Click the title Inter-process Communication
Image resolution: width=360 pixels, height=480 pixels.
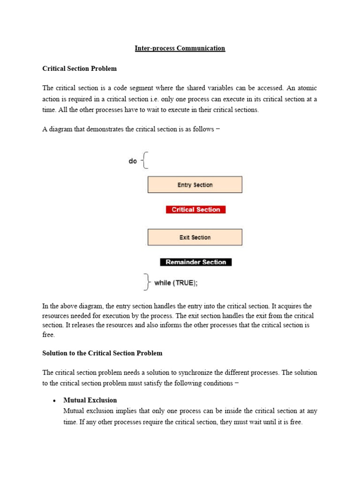[180, 48]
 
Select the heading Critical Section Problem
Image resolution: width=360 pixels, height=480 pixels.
[79, 68]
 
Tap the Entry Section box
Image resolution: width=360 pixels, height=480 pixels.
[195, 185]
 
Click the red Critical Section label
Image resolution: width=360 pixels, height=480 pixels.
[195, 210]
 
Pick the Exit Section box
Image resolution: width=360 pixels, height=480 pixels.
[195, 237]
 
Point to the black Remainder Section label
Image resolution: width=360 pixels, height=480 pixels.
[195, 262]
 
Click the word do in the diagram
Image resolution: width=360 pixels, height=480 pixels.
[133, 161]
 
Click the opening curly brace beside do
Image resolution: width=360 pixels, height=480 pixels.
[145, 160]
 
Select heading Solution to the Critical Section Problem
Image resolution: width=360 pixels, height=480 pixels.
[102, 353]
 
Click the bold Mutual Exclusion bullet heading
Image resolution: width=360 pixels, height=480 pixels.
[90, 400]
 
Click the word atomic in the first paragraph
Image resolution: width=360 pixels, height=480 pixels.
[307, 88]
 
